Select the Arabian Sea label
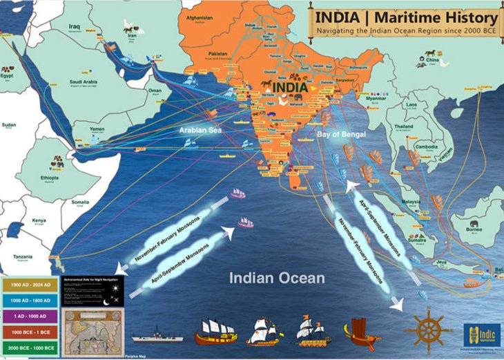[200, 129]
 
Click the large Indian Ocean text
[277, 278]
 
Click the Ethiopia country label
[49, 176]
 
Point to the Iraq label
[75, 27]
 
